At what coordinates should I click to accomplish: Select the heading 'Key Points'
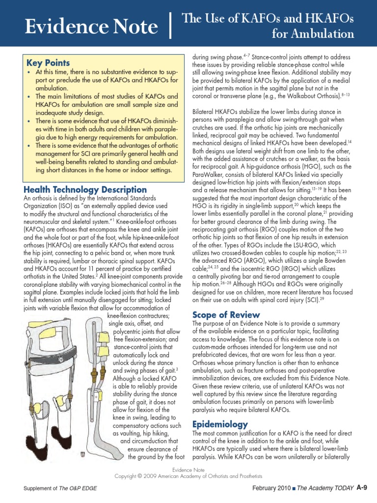[x=48, y=63]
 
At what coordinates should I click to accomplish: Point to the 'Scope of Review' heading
[x=226, y=314]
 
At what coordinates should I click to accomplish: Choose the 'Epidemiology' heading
[x=220, y=424]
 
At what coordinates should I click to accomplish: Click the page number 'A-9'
[x=362, y=487]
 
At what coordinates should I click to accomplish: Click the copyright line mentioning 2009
[x=188, y=476]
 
